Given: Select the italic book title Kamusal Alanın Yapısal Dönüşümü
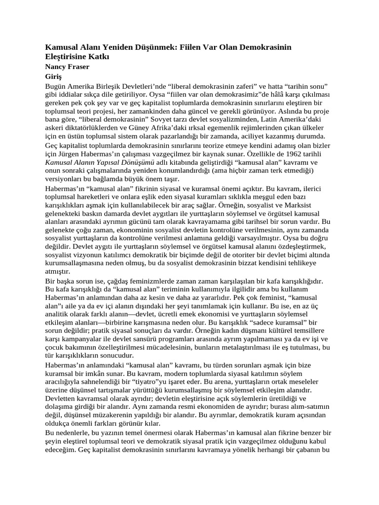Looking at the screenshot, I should pos(100,162).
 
